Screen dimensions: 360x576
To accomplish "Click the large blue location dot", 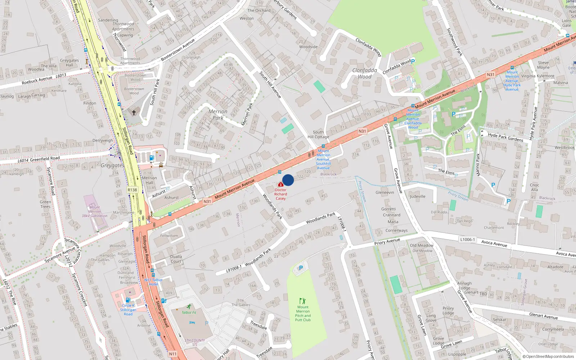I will point(288,180).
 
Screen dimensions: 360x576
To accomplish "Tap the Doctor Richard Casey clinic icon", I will point(281,184).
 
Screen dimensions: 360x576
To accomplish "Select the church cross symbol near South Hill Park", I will point(134,113).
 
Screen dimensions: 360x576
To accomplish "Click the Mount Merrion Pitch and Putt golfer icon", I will point(302,301).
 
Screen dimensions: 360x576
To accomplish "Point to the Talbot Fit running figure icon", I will point(189,307).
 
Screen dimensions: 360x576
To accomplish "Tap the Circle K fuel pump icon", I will point(128,300).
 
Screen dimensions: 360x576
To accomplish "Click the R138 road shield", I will point(132,190).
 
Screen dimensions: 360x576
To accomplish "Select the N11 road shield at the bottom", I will point(173,354).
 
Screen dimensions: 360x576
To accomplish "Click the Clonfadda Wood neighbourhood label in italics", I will point(365,73).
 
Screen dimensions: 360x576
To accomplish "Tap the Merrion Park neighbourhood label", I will point(218,114).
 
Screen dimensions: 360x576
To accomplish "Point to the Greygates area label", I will point(112,166).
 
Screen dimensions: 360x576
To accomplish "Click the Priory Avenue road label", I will point(387,242).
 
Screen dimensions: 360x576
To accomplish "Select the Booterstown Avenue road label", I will point(178,50).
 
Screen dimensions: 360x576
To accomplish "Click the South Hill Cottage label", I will point(318,134).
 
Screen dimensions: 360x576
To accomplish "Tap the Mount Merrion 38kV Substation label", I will point(94,211).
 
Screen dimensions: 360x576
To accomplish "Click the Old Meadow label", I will point(422,246).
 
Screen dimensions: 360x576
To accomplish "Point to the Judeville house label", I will point(418,197).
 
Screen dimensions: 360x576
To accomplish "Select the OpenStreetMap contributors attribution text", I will point(548,357).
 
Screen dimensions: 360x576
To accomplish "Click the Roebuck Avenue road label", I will point(37,80).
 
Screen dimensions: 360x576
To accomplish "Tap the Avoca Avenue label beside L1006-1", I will point(494,243).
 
